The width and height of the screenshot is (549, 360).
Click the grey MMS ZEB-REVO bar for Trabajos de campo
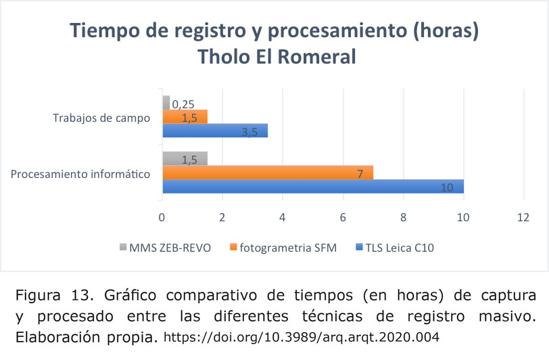[166, 102]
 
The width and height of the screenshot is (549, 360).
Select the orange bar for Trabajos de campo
[185, 116]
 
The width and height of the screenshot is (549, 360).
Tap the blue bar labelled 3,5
[215, 131]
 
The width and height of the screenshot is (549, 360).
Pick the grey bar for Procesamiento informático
[185, 158]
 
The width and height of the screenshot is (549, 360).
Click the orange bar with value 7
[268, 173]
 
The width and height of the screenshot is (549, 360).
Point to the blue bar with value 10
[313, 186]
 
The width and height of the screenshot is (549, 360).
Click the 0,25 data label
[183, 104]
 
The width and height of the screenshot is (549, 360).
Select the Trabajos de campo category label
[101, 118]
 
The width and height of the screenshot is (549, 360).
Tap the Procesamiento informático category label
[80, 174]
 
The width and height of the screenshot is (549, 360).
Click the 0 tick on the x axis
[162, 218]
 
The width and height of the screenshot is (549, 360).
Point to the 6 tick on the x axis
[343, 218]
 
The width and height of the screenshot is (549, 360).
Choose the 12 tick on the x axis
[523, 218]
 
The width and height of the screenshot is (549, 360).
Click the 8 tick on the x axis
[404, 218]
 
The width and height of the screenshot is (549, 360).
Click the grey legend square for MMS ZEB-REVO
[123, 247]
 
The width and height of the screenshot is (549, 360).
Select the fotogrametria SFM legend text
[288, 248]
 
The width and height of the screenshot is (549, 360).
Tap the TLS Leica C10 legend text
[400, 248]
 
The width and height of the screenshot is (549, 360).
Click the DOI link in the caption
[302, 337]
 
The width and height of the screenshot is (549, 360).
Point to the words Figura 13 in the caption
[55, 295]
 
